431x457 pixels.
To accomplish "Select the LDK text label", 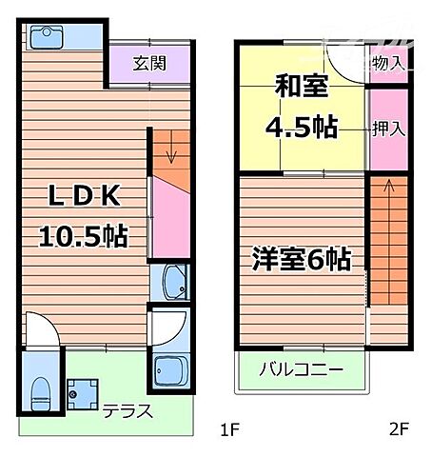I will click(84, 197).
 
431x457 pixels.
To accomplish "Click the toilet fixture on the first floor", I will click(39, 389).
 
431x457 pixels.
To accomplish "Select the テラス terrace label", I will click(126, 413).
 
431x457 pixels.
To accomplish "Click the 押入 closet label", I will click(388, 129).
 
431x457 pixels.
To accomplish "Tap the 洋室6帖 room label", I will click(302, 258).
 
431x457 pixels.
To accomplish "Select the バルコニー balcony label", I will click(302, 369).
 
